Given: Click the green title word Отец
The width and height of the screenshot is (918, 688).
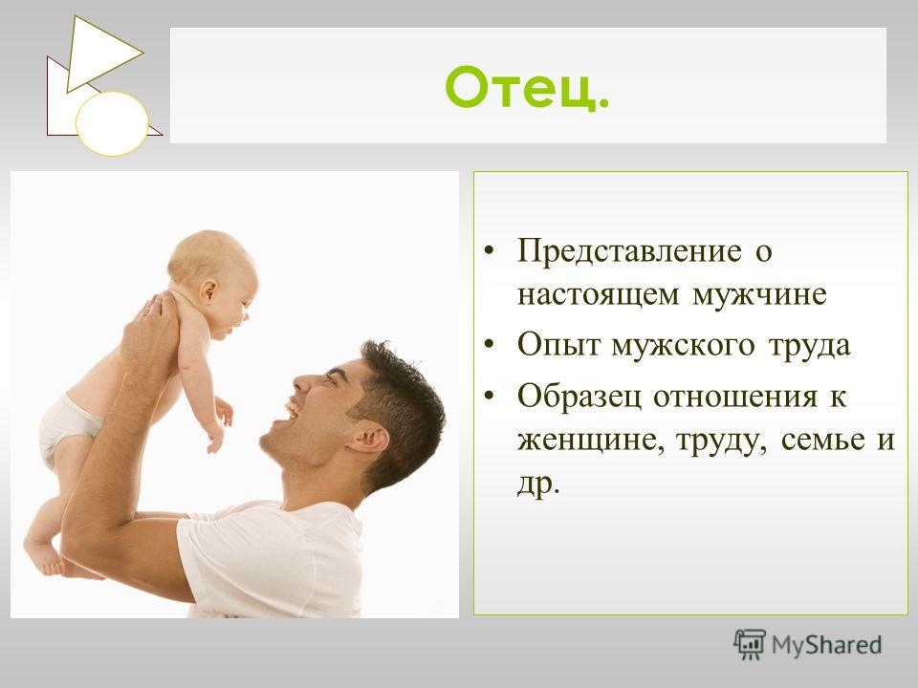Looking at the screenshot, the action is click(527, 87).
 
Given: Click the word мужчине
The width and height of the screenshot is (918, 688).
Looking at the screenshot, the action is click(759, 295).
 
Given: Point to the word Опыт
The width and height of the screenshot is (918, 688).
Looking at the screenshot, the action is click(558, 345).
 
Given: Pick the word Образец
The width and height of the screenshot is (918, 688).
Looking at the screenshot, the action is click(579, 398).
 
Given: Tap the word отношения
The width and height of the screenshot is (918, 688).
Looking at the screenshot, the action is click(734, 398).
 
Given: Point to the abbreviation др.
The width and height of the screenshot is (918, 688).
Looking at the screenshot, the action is click(538, 484).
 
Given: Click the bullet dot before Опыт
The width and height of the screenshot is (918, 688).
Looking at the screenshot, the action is click(490, 345).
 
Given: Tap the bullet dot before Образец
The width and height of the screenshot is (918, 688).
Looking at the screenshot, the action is click(490, 396).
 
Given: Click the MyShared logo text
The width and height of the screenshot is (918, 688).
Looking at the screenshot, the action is click(826, 645).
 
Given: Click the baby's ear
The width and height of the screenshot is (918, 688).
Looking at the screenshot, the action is click(208, 290).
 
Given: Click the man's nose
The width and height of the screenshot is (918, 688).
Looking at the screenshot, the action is click(304, 382).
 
